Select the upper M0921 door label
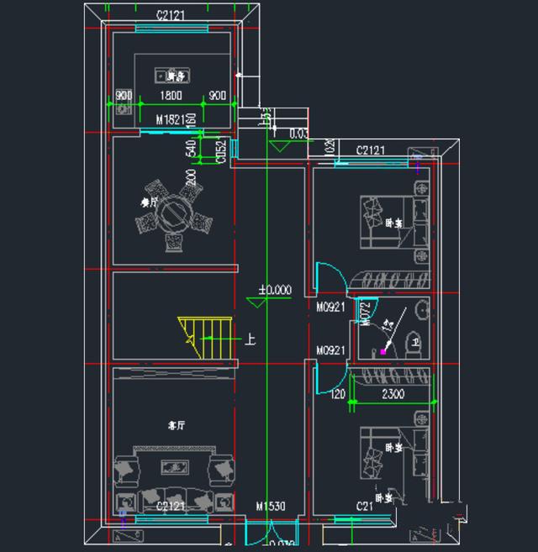point(330,308)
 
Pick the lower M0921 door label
point(330,350)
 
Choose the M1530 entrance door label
point(271,506)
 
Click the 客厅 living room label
point(175,425)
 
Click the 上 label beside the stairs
point(250,340)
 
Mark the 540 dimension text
point(191,148)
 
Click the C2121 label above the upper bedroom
point(371,150)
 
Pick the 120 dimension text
point(338,393)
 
